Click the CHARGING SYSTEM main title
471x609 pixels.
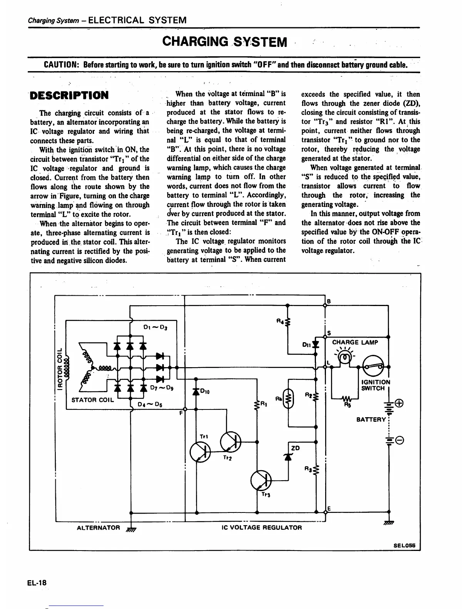pos(225,41)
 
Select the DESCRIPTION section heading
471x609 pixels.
pos(70,95)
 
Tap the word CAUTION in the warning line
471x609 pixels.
pos(62,64)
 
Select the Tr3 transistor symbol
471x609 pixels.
pos(261,480)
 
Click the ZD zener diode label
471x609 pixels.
pos(296,448)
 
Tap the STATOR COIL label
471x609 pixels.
pos(93,399)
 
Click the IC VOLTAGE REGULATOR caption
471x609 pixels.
pos(262,527)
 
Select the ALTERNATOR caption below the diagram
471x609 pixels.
pos(99,527)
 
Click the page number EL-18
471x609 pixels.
pos(37,582)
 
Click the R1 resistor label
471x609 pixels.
pos(264,404)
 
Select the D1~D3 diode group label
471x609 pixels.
pos(154,327)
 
